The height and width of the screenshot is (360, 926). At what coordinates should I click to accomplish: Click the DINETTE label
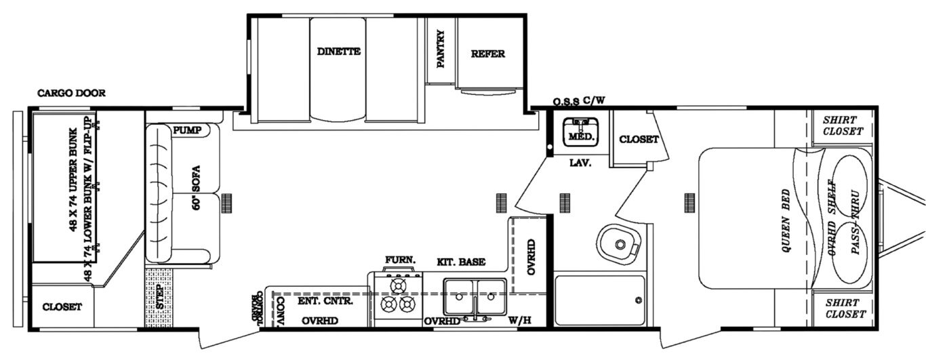click(338, 52)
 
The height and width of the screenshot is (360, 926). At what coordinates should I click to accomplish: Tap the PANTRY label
click(441, 49)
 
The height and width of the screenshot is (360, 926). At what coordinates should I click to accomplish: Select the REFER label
click(487, 54)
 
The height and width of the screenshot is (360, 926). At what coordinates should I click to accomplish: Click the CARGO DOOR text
click(71, 94)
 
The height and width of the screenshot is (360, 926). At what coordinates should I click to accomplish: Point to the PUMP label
click(187, 130)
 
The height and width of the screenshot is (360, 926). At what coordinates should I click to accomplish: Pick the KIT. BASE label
click(460, 262)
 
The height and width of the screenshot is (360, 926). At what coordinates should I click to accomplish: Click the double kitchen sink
click(475, 296)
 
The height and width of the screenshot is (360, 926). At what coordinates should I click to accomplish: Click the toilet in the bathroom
click(618, 243)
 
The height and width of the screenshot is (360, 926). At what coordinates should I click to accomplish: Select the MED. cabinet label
click(581, 137)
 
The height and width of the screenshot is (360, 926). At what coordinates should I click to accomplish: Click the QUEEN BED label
click(787, 221)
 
